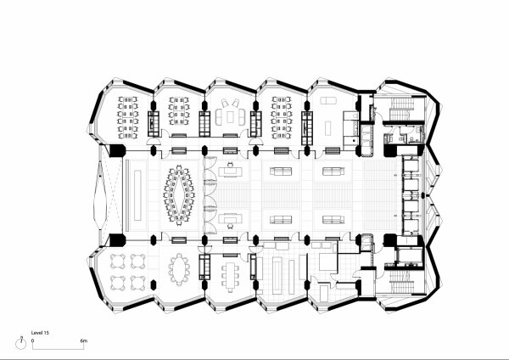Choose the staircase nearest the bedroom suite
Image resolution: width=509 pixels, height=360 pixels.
[x=399, y=280]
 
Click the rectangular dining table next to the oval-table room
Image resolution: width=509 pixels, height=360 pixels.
[x=231, y=273]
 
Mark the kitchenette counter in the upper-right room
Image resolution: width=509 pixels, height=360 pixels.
[x=349, y=125]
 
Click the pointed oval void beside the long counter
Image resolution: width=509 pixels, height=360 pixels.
[x=103, y=195]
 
